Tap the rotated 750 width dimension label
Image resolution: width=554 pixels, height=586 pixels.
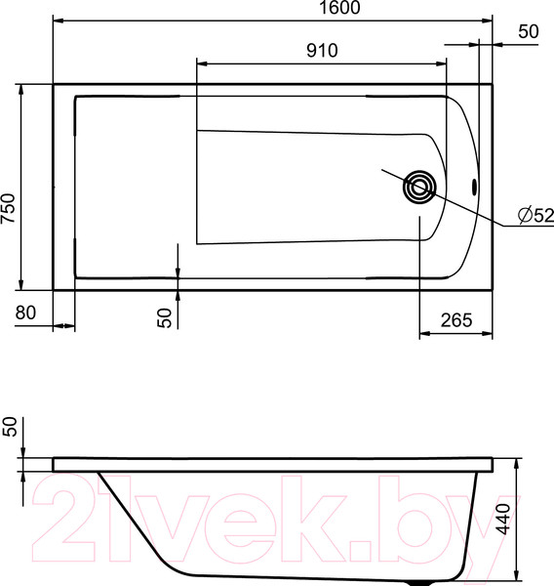(x=9, y=209)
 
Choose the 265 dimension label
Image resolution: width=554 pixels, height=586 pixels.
(x=456, y=320)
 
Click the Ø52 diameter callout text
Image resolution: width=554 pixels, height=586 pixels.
(x=534, y=215)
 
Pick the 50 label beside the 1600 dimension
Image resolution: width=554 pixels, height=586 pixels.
(x=528, y=31)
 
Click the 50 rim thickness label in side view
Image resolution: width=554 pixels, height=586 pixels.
(x=10, y=428)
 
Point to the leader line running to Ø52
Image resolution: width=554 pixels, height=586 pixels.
(x=468, y=209)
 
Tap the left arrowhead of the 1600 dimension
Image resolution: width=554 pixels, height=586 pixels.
(x=57, y=20)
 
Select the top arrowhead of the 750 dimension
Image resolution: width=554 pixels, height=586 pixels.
(x=20, y=89)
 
